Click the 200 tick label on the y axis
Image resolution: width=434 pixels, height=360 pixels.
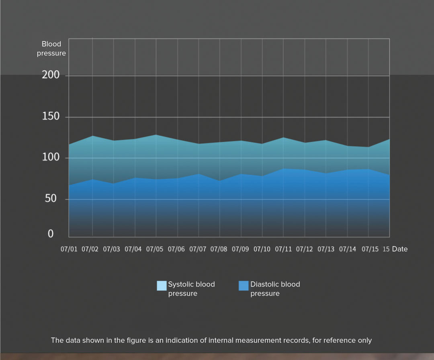[x=51, y=75]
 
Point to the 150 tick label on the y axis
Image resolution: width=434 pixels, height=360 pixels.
[x=51, y=117]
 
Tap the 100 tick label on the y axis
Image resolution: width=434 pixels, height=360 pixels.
[x=51, y=157]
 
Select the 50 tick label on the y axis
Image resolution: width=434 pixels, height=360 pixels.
[x=51, y=199]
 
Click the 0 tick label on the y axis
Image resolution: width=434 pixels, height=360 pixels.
[x=51, y=234]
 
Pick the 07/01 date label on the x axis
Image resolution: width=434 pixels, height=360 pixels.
[x=69, y=249]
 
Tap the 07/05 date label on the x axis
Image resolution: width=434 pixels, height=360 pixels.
[x=155, y=249]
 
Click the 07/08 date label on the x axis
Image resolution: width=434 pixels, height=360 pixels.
[x=219, y=249]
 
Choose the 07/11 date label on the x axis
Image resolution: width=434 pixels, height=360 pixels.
[x=283, y=249]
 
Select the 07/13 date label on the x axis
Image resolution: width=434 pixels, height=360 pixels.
[x=326, y=249]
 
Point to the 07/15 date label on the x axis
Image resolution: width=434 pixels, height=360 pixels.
[x=370, y=249]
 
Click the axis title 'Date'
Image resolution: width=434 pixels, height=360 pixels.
[x=400, y=249]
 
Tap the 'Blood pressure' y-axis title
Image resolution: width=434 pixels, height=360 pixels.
[x=51, y=49]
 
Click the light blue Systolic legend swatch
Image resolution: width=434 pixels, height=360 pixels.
[x=162, y=286]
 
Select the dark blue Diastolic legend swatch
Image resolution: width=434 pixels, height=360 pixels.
[x=244, y=286]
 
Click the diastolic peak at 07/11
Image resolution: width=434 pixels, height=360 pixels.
[x=284, y=169]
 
